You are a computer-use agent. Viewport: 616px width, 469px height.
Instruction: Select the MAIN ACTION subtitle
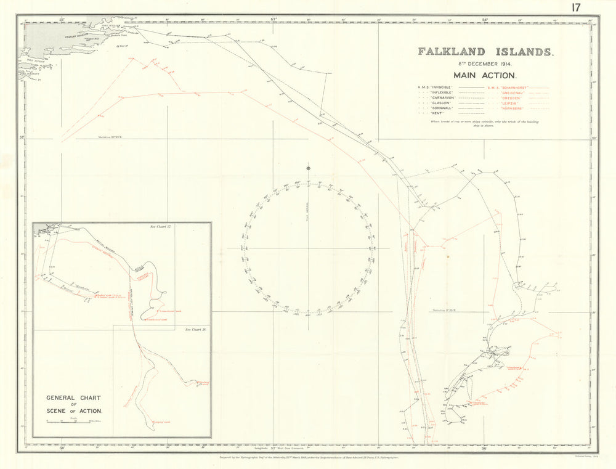[x=486, y=75]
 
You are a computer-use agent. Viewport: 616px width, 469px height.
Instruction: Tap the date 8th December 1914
[x=486, y=63]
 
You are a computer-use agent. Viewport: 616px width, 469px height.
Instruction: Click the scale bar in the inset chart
[x=74, y=422]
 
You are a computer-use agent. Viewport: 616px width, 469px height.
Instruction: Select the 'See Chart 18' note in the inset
[x=196, y=330]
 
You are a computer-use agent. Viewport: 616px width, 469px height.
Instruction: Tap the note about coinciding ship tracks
[x=486, y=124]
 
